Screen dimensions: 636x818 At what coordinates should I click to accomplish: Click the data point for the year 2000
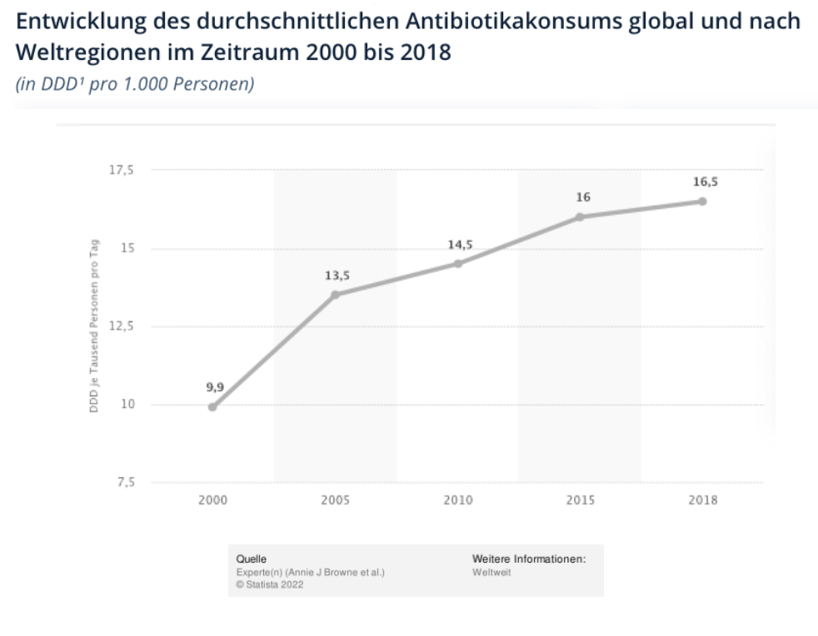tap(212, 407)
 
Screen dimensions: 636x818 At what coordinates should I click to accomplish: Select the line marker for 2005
tap(335, 295)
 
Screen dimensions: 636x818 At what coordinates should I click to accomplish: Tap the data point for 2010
tap(457, 263)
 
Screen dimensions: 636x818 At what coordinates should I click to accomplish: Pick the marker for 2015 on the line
tap(580, 216)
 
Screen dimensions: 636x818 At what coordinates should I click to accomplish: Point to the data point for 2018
tap(702, 201)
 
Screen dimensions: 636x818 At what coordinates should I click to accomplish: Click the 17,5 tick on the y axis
tap(122, 170)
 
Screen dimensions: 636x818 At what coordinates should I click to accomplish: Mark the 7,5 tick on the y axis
tap(124, 482)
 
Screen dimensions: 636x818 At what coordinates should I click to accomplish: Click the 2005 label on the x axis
tap(335, 500)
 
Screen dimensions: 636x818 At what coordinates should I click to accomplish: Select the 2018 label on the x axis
tap(702, 500)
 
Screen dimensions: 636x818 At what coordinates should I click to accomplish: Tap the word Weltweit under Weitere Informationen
tap(491, 572)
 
